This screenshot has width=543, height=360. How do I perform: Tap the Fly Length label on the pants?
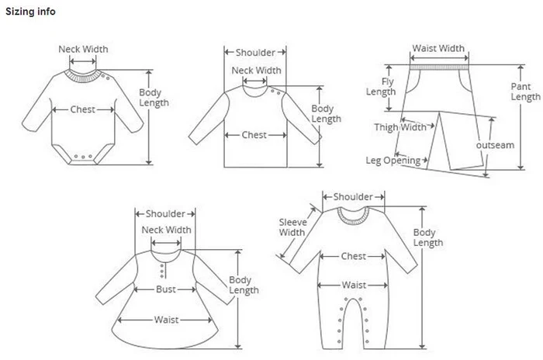(382, 87)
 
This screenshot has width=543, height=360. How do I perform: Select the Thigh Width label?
(400, 127)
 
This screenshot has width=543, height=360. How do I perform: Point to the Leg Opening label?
(393, 161)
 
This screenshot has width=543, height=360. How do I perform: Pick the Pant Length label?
(525, 92)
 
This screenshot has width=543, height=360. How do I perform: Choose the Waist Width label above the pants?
(438, 48)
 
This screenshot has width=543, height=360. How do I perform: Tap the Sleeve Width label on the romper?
(292, 227)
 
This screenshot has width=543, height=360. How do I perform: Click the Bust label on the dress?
(164, 289)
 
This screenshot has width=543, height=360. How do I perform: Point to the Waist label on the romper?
(354, 285)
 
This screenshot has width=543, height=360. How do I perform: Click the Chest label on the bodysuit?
(83, 109)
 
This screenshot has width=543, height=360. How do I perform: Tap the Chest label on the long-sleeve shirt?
(254, 135)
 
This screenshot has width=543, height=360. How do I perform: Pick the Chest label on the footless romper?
(354, 256)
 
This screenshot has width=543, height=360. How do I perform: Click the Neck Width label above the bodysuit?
(84, 50)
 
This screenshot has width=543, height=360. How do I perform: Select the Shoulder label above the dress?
(165, 213)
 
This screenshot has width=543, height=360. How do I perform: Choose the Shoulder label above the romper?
(353, 197)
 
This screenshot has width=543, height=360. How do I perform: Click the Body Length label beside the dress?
(244, 285)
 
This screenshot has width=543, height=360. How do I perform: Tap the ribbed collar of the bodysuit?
(82, 75)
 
